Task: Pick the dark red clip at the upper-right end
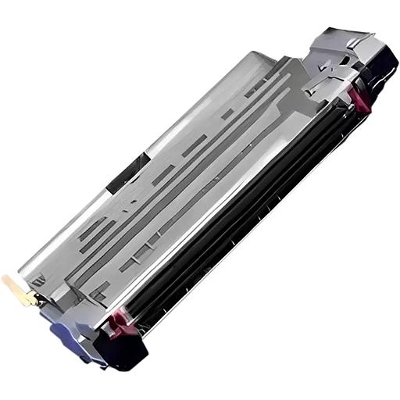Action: coord(358,98)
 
